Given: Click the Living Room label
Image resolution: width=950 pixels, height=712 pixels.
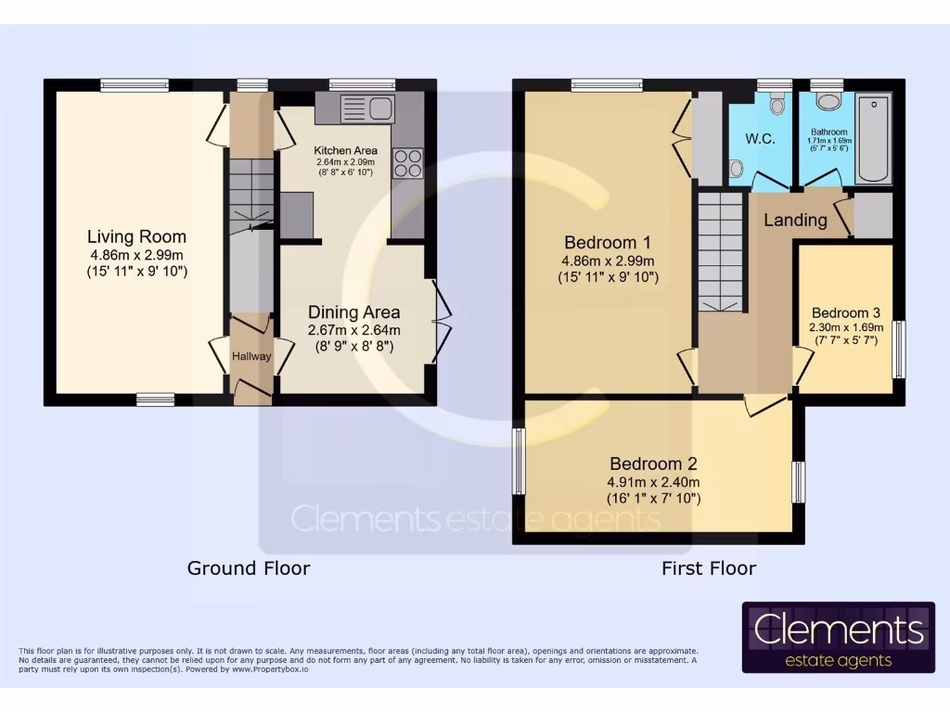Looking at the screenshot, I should (x=136, y=236).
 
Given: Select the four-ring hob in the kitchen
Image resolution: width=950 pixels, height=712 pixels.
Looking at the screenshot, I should (x=408, y=163).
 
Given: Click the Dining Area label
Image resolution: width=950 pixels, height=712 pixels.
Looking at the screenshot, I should (x=353, y=312).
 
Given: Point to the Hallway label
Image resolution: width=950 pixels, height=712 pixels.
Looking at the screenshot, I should (x=250, y=355).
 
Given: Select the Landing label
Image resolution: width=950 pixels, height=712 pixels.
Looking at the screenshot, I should (x=795, y=220).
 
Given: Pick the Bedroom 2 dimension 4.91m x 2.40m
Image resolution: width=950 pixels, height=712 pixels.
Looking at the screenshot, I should (x=654, y=482).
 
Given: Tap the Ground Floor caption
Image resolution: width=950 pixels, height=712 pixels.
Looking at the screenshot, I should (x=249, y=567).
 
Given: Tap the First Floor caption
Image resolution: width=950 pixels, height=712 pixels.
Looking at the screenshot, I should (x=709, y=567).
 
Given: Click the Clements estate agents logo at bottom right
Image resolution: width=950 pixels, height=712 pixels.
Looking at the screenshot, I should (x=838, y=637).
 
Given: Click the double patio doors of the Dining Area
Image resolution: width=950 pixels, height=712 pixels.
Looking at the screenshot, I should (x=439, y=321).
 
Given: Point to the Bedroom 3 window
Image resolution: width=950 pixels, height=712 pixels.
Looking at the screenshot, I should (x=898, y=350).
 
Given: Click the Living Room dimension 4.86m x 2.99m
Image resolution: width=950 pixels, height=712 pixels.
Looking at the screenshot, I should (x=136, y=255).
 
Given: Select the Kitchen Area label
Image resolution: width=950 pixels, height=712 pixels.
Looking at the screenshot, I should (x=344, y=150).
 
